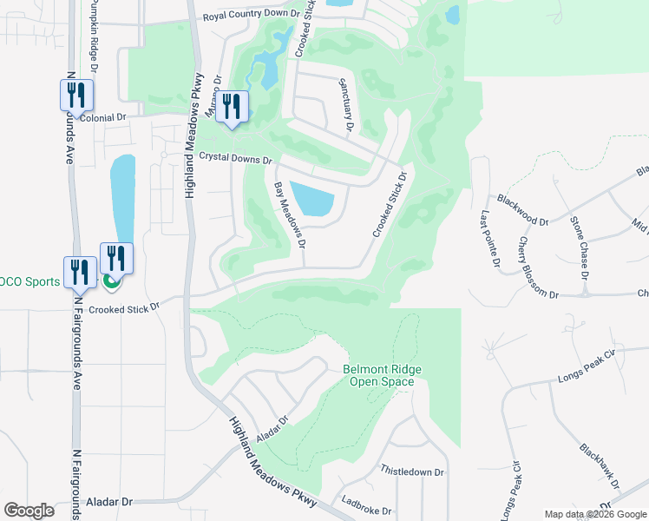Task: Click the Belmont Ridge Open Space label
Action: click(378, 375)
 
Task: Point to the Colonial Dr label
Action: click(102, 116)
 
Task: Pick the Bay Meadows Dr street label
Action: click(291, 213)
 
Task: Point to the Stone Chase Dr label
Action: click(579, 247)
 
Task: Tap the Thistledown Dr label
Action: click(412, 472)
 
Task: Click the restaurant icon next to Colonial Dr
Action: click(76, 94)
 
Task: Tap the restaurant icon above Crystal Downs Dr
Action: click(232, 106)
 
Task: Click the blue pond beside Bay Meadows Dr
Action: click(311, 200)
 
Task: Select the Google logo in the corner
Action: click(29, 511)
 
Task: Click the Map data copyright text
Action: click(595, 514)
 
